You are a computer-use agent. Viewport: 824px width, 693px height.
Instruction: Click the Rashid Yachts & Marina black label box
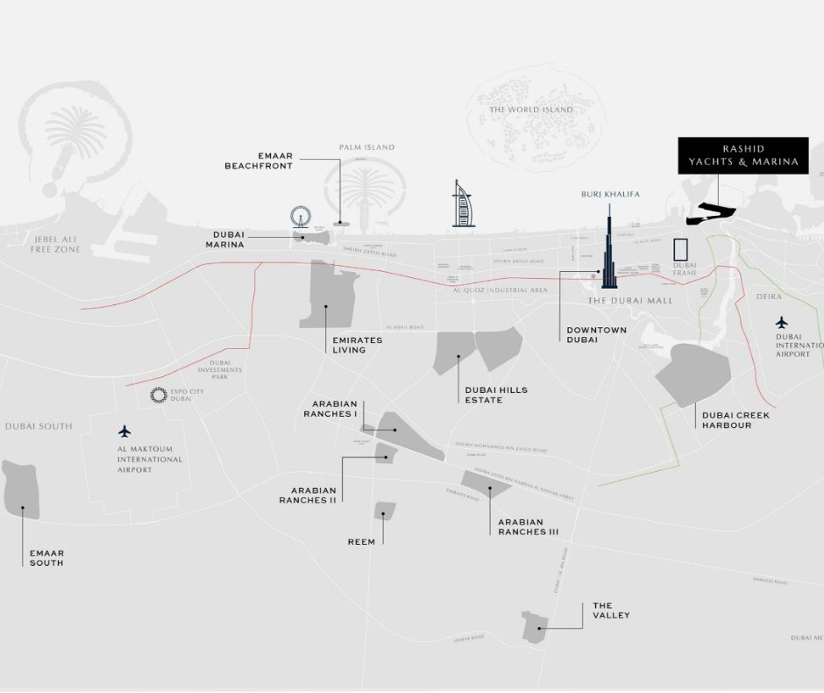(743, 155)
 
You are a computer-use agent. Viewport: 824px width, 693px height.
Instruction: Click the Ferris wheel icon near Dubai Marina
(301, 217)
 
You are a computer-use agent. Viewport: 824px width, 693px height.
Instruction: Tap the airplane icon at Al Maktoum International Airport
(124, 432)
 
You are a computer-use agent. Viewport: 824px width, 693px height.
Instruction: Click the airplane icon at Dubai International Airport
(781, 323)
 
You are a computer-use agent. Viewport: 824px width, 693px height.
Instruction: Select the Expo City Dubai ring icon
(159, 396)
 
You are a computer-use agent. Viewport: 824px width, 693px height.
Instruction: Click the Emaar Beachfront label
(259, 161)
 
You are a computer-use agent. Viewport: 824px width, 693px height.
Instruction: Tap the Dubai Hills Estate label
(496, 395)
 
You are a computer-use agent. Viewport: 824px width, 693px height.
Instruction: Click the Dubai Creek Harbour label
(735, 420)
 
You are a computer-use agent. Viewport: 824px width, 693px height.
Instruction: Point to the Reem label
(361, 542)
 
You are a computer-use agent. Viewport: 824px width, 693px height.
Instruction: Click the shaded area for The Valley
(535, 626)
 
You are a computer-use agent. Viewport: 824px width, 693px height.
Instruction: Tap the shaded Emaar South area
(22, 489)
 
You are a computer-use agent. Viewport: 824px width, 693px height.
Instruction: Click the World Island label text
(531, 110)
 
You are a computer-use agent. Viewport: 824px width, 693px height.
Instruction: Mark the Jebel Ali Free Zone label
(55, 245)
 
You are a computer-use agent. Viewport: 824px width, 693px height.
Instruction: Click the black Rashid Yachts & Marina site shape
(713, 211)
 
